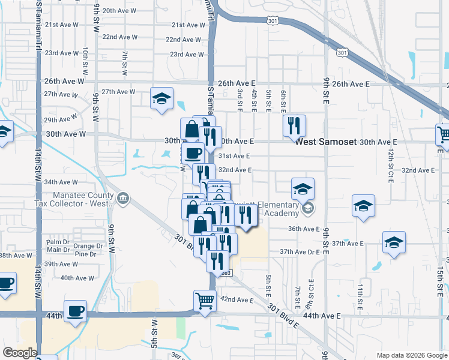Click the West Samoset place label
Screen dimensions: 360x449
(326, 142)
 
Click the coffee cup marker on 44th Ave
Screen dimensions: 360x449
(76, 311)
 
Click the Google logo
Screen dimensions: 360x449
(19, 353)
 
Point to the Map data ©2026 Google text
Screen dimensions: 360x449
(411, 355)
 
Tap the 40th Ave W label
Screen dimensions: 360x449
(76, 278)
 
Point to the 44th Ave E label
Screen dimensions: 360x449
(322, 315)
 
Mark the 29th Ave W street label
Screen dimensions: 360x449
(58, 120)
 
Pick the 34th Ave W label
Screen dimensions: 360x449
(61, 182)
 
